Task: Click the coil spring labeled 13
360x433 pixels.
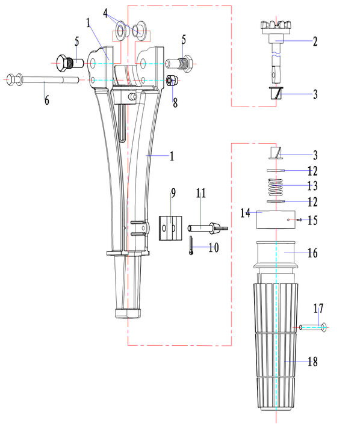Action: pos(276,186)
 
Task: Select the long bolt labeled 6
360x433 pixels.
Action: pos(43,80)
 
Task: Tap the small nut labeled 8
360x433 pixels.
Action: pos(172,81)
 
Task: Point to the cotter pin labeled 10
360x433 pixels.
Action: pos(191,245)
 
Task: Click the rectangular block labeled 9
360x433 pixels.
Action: pos(170,228)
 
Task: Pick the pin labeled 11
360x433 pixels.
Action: pos(208,227)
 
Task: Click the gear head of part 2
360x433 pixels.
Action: pos(276,27)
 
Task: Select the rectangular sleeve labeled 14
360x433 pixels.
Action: pos(276,220)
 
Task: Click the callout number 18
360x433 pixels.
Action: pos(312,361)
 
